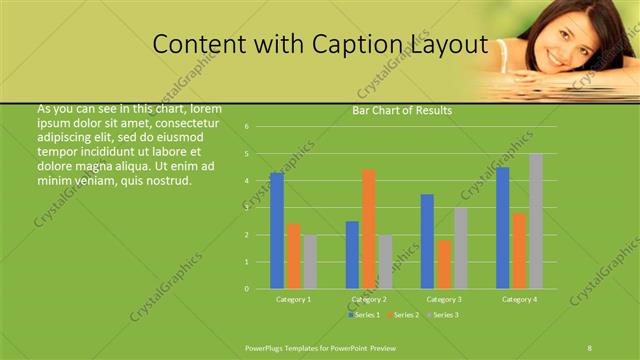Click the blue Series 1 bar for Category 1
coord(277,231)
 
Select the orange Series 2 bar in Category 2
coord(369,229)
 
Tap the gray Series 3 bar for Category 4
coord(536,221)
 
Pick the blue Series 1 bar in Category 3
coord(427,241)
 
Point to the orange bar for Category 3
coord(444,264)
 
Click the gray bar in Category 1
coord(310,262)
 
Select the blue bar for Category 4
coord(503,228)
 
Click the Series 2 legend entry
coord(402,315)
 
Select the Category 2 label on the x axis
coord(369,299)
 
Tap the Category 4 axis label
coord(519,299)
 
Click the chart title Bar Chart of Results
coord(402,111)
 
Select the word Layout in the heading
coord(448,45)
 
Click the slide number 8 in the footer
coord(590,346)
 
